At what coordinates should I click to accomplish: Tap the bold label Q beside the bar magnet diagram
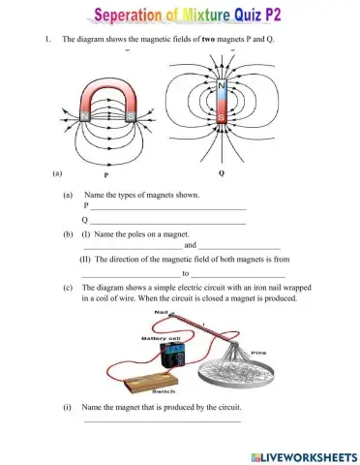pyautogui.click(x=222, y=175)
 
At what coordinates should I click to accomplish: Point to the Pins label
pyautogui.click(x=258, y=352)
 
